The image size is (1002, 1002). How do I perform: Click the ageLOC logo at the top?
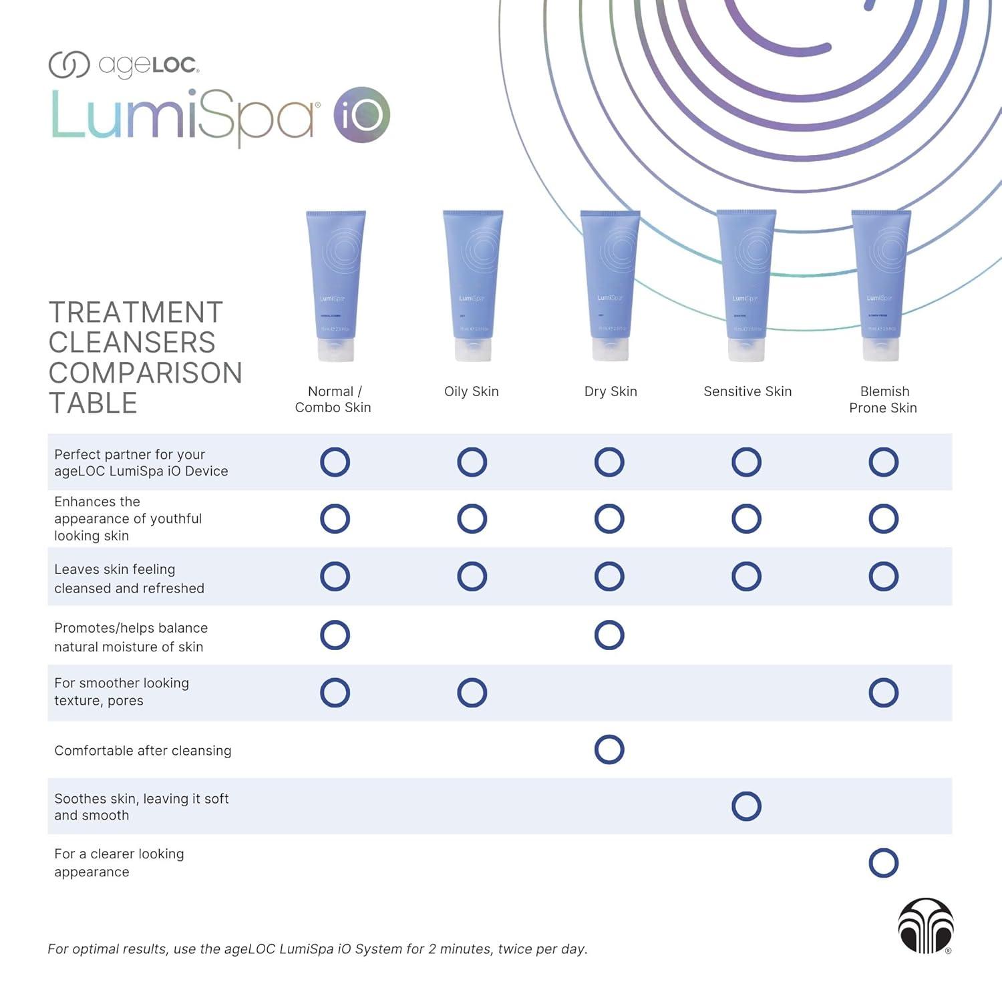[124, 65]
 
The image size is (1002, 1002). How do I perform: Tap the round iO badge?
[361, 115]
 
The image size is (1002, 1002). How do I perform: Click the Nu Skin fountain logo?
[925, 925]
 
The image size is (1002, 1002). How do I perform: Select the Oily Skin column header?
[472, 391]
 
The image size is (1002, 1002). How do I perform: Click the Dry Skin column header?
[611, 391]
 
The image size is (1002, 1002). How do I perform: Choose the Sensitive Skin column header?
[747, 391]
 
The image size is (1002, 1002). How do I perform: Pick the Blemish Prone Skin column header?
[883, 399]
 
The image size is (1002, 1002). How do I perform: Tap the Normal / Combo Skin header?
[333, 399]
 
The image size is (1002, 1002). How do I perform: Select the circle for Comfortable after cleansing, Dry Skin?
[609, 749]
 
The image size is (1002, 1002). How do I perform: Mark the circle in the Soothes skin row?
[746, 806]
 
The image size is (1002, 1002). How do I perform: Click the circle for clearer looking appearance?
[883, 863]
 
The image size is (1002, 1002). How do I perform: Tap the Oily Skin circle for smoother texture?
[472, 693]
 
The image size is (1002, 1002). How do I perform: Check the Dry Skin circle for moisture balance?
[609, 635]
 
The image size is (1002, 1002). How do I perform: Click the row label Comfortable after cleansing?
[143, 751]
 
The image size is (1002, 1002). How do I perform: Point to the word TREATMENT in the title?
[136, 313]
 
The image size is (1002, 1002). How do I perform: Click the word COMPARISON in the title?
[146, 373]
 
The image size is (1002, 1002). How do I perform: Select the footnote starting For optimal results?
[317, 949]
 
